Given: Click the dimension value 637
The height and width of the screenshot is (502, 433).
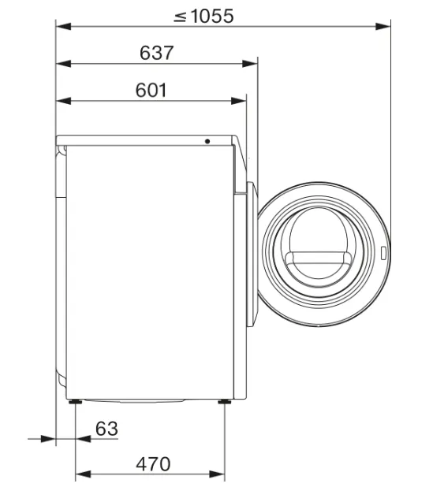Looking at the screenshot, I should click(156, 53).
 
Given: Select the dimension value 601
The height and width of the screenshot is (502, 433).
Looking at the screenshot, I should click(151, 90).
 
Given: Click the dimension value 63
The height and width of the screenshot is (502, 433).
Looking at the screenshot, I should click(106, 429).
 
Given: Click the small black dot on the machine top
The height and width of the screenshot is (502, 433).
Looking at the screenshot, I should click(207, 142).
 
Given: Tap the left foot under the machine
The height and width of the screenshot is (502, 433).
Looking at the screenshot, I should click(75, 403).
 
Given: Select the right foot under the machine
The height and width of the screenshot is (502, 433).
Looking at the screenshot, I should click(226, 403).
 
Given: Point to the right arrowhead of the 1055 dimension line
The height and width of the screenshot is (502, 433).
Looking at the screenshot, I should click(385, 26).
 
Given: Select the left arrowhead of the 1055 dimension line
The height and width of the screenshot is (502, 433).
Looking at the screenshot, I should click(62, 26).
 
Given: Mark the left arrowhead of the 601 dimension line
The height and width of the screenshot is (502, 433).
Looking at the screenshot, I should click(62, 100).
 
